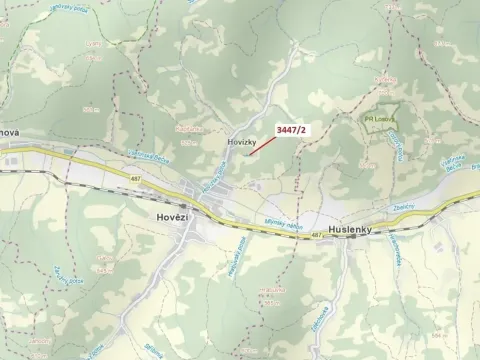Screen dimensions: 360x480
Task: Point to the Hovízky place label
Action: [243, 143]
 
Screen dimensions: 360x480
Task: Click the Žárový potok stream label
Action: [65, 275]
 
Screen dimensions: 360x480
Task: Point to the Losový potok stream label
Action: [397, 145]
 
